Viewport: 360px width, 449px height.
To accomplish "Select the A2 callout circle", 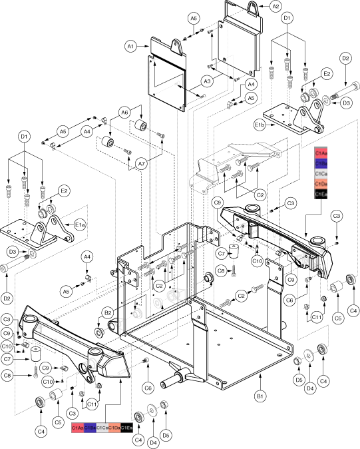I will click(x=275, y=6).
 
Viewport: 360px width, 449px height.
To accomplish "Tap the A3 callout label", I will click(x=207, y=81).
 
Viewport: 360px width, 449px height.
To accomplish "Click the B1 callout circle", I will click(x=260, y=396).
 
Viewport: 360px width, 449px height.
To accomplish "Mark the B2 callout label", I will click(x=107, y=312).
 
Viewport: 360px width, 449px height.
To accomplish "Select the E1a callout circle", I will click(x=80, y=226).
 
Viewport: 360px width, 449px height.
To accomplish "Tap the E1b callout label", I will click(x=260, y=125).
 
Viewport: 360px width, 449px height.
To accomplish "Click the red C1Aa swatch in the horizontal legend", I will click(x=77, y=427).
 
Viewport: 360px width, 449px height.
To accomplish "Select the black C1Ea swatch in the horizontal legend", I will click(x=126, y=427).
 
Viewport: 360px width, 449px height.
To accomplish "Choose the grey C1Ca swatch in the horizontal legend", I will click(x=102, y=427).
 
